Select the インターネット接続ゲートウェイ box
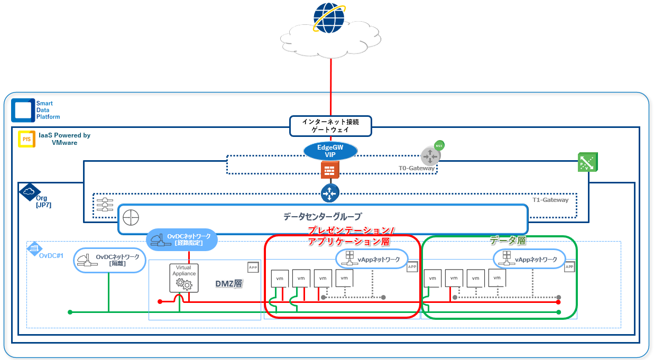point(330,126)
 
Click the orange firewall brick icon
point(330,170)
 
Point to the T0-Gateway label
point(416,168)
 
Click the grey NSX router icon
point(430,156)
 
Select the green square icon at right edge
point(588,162)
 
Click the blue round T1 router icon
point(330,193)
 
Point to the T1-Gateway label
point(550,200)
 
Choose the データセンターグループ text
point(323,217)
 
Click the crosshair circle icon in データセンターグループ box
point(131,217)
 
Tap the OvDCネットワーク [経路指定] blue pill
point(181,239)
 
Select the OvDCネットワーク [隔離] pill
point(109,260)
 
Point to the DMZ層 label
point(228,284)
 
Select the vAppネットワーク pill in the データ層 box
point(529,259)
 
